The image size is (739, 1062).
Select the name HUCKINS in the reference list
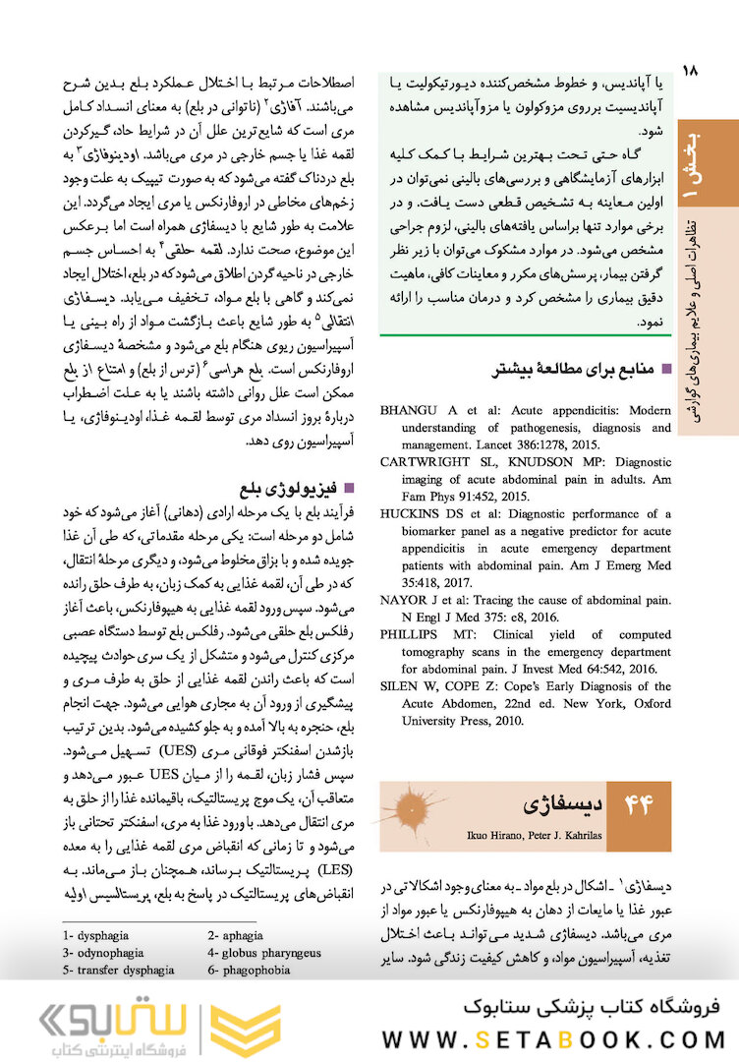(414, 513)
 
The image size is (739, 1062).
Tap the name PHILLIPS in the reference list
(411, 634)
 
